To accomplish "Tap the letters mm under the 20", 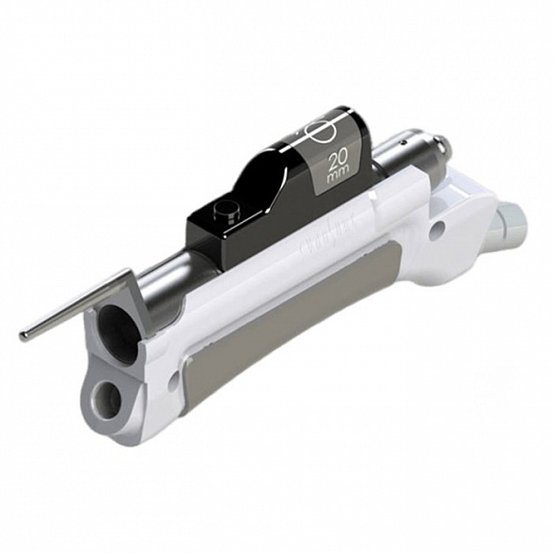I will [x=337, y=175].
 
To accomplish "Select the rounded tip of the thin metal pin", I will [x=24, y=336].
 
